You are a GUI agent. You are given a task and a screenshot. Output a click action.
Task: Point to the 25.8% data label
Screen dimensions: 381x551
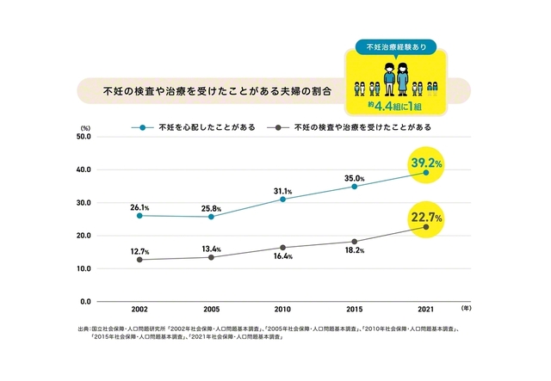[x=211, y=209]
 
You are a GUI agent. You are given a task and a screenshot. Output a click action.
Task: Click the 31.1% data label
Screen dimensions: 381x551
[x=282, y=191]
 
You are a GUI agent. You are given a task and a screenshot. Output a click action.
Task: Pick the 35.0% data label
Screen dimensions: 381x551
[x=355, y=178]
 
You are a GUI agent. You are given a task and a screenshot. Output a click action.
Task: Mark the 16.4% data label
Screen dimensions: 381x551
[x=282, y=255]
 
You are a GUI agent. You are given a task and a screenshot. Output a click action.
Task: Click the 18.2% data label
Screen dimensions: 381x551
[x=353, y=250]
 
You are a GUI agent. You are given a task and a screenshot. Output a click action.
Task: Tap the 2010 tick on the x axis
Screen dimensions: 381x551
[x=282, y=308]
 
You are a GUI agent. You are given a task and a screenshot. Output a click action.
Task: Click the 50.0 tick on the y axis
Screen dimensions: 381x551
[x=84, y=137]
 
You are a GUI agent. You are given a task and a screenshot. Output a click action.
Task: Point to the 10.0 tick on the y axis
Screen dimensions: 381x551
[x=84, y=268]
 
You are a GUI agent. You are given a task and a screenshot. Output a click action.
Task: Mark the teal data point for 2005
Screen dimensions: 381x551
[x=211, y=217]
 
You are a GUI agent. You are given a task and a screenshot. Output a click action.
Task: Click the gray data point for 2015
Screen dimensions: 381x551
[x=354, y=242]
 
